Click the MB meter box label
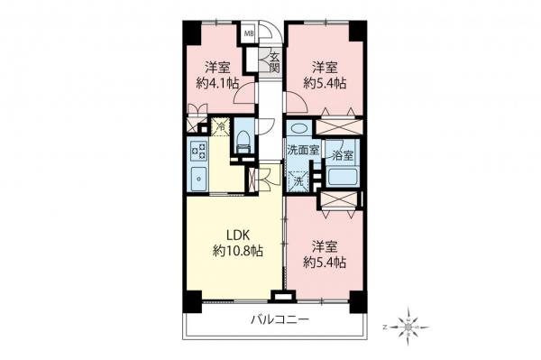click(251, 36)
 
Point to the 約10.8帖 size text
click(237, 250)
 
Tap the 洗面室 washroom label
click(301, 151)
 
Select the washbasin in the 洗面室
click(298, 128)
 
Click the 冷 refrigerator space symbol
click(219, 128)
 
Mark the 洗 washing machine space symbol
click(298, 180)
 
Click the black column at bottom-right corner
click(358, 301)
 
